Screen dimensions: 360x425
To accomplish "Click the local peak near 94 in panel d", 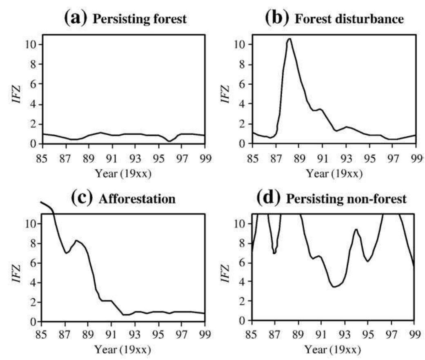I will pos(356,229).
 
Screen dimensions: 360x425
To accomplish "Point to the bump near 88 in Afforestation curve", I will pos(76,240).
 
